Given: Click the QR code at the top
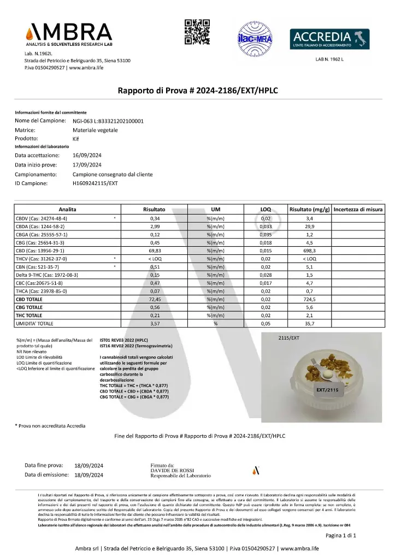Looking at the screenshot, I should [x=197, y=32].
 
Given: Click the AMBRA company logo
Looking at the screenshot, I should [x=68, y=34].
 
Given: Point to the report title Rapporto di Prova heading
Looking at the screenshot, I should [x=201, y=91].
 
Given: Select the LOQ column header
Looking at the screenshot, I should [x=265, y=210].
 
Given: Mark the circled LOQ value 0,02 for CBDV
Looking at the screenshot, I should [x=266, y=218].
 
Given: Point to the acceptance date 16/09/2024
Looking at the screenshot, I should [x=87, y=156].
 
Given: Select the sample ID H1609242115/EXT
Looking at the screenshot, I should [x=95, y=183].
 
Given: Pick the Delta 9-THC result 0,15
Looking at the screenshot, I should [x=155, y=276].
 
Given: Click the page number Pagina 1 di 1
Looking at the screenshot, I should [x=341, y=536].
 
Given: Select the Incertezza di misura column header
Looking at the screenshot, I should [x=358, y=210].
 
